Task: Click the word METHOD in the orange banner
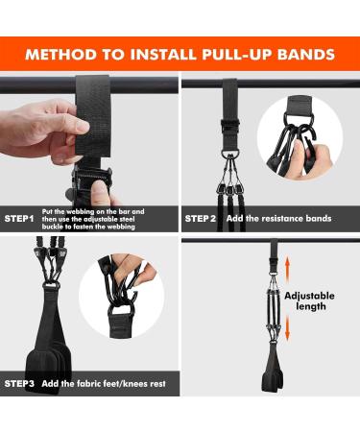tap(61, 54)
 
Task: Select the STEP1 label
tap(19, 219)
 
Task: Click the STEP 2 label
tap(201, 219)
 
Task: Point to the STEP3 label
tap(19, 383)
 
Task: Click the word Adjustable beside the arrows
tap(309, 296)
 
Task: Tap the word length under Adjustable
tap(311, 306)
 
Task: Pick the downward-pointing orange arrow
tap(287, 327)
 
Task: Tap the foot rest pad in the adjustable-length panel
tap(273, 381)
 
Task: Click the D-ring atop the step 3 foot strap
tap(51, 285)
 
